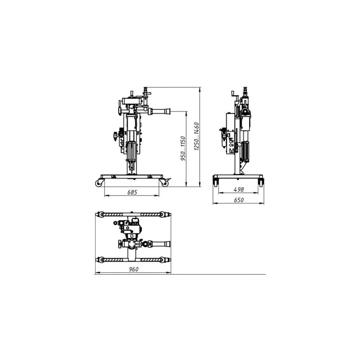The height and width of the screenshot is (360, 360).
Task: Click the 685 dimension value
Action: point(132,192)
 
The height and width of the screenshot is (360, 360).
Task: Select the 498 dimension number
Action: point(239,189)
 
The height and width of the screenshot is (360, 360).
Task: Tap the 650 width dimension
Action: point(239,200)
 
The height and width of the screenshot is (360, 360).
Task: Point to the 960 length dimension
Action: point(134,269)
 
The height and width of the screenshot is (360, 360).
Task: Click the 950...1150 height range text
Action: point(183,148)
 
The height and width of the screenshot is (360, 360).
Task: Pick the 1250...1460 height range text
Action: point(196,136)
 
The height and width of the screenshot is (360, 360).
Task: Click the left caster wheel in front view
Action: point(99,183)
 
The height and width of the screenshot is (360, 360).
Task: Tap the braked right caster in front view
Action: point(165,183)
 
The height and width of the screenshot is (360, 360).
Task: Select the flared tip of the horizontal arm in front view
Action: point(168,112)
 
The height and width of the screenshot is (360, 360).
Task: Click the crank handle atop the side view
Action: point(235,95)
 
